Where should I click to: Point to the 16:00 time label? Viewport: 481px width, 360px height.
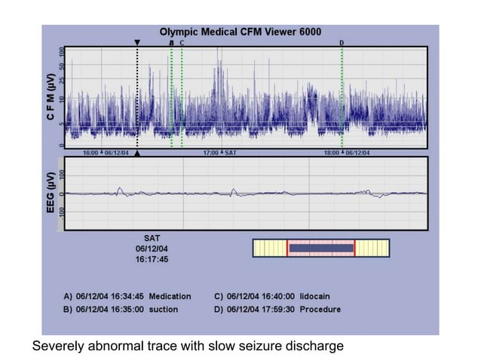click(x=90, y=153)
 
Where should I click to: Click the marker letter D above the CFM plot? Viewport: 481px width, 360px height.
click(x=342, y=43)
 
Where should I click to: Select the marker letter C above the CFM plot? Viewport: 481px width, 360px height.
click(x=182, y=43)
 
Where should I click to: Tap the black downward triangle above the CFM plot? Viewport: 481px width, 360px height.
click(x=136, y=42)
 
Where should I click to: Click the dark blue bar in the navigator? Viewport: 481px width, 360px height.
click(x=321, y=248)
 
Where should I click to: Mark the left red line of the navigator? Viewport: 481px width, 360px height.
click(x=287, y=248)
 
